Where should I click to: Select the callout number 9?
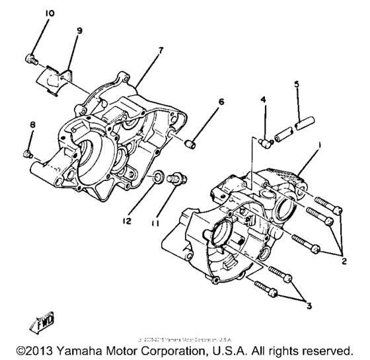coord(79,30)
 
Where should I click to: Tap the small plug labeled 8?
coord(27,153)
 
